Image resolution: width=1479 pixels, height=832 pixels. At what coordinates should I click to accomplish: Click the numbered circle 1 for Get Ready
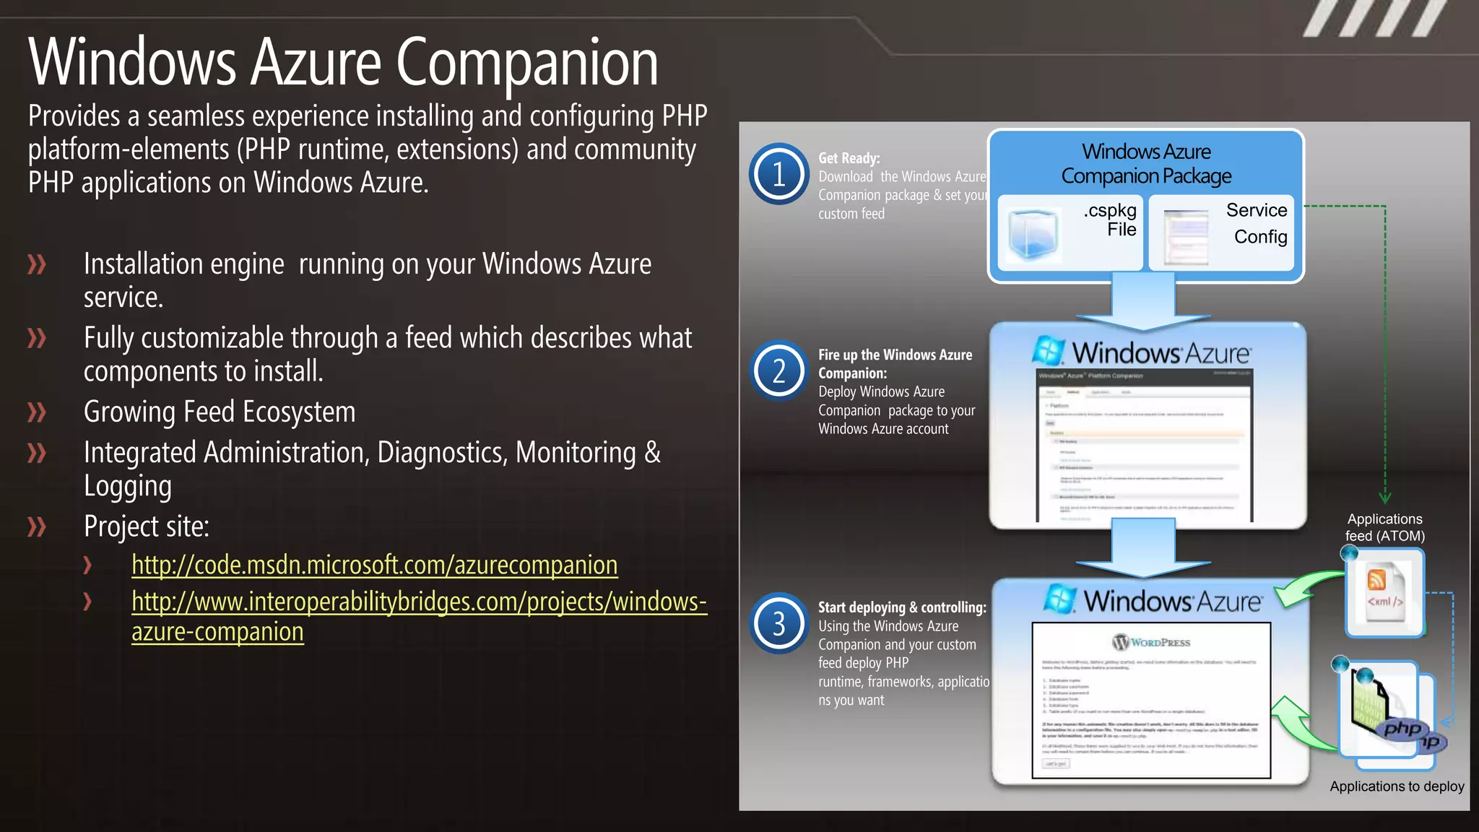[x=778, y=174]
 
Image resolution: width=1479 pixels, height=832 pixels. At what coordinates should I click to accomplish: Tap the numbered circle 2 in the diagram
[x=778, y=371]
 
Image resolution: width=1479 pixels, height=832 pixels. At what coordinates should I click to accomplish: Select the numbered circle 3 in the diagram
[x=778, y=623]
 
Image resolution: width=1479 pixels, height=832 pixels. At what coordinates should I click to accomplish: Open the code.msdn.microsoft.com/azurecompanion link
[x=374, y=565]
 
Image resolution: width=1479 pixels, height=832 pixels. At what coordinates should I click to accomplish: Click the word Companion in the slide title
[x=526, y=64]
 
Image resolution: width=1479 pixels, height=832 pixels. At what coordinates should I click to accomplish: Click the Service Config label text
[x=1257, y=223]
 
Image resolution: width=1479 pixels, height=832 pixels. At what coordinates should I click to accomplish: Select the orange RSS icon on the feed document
[x=1376, y=579]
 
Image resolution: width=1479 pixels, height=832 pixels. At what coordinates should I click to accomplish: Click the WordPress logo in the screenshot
[x=1151, y=642]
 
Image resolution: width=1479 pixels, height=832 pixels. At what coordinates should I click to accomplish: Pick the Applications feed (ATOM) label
[x=1384, y=527]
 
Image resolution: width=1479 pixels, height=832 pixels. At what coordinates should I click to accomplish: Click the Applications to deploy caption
[x=1397, y=786]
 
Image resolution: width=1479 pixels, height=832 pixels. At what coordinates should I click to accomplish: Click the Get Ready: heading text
[x=849, y=158]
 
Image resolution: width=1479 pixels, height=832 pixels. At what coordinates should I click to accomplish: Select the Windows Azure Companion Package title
[x=1146, y=164]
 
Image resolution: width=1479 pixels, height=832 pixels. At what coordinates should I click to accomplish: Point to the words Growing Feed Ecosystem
[x=220, y=412]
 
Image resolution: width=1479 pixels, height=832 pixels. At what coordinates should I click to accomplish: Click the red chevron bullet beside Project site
[x=36, y=526]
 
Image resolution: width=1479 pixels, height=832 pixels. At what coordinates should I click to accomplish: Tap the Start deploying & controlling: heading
[x=902, y=607]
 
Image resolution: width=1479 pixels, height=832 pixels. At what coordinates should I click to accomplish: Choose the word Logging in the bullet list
[x=128, y=486]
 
